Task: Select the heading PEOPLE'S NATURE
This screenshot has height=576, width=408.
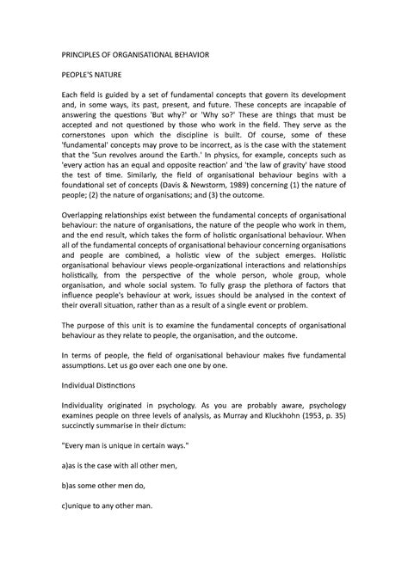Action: (94, 77)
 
